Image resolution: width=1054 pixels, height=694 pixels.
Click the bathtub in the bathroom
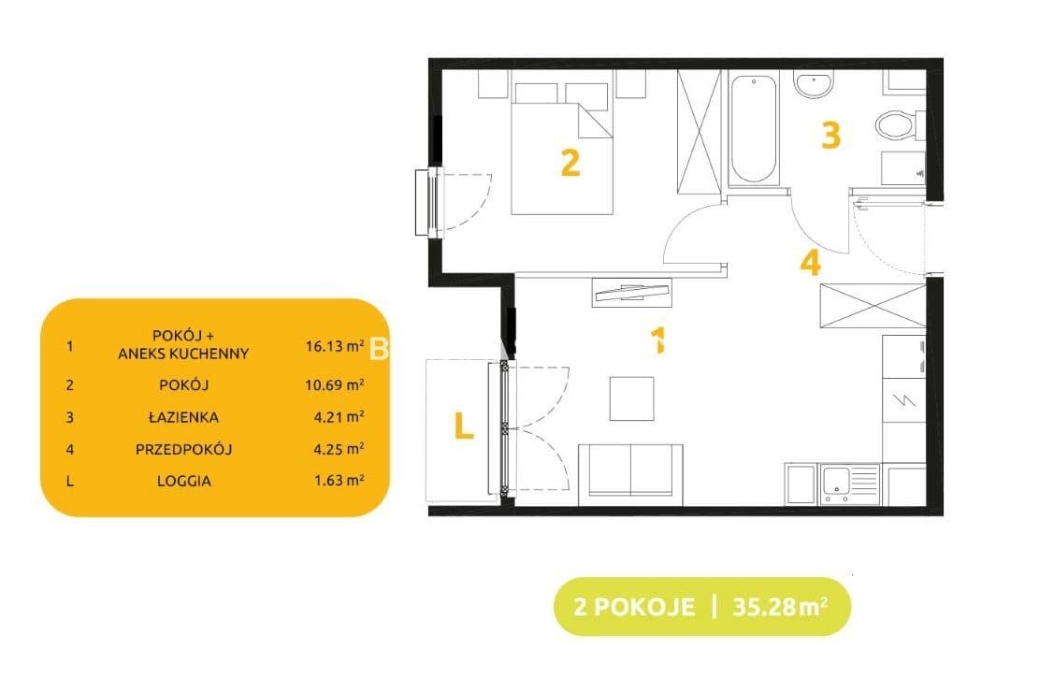tap(753, 130)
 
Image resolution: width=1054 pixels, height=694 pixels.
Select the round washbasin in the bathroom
tap(814, 84)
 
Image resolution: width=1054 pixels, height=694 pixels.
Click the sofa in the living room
tap(631, 473)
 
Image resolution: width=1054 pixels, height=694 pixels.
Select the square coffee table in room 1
tap(632, 398)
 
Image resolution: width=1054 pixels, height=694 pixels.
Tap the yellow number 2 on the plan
tap(570, 163)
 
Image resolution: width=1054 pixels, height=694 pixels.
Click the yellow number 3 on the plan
tap(830, 135)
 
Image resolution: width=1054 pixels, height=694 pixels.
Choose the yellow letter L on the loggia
tap(464, 426)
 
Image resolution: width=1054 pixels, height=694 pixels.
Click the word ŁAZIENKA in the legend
tap(183, 417)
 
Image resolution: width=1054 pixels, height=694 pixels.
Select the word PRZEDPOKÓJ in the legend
tap(183, 449)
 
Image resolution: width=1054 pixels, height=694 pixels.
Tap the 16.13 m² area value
tap(335, 346)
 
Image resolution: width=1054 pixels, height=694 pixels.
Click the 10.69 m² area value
tap(335, 384)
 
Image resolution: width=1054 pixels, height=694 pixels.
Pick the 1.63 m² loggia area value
tap(339, 480)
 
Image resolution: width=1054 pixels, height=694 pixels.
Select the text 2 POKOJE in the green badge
tap(634, 607)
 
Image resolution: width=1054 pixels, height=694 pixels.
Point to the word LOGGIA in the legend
tap(184, 482)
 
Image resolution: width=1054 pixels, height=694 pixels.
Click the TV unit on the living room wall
tap(632, 292)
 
